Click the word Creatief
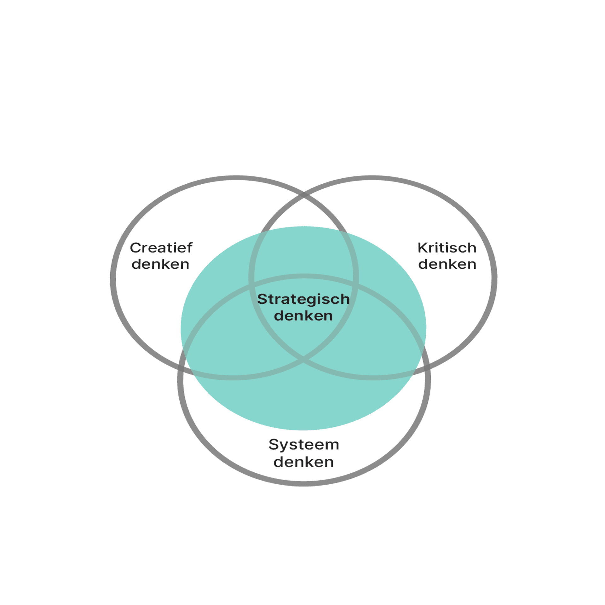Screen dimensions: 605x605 161,248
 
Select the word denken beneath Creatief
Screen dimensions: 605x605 160,264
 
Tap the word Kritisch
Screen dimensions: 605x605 447,248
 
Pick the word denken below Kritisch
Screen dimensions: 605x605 447,264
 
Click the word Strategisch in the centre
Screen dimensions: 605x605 303,299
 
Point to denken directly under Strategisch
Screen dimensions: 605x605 303,316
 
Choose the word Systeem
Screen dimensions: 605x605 304,445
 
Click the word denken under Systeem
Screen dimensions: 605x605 304,462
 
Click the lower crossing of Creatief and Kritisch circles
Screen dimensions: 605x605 303,360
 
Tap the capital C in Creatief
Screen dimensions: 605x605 135,248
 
